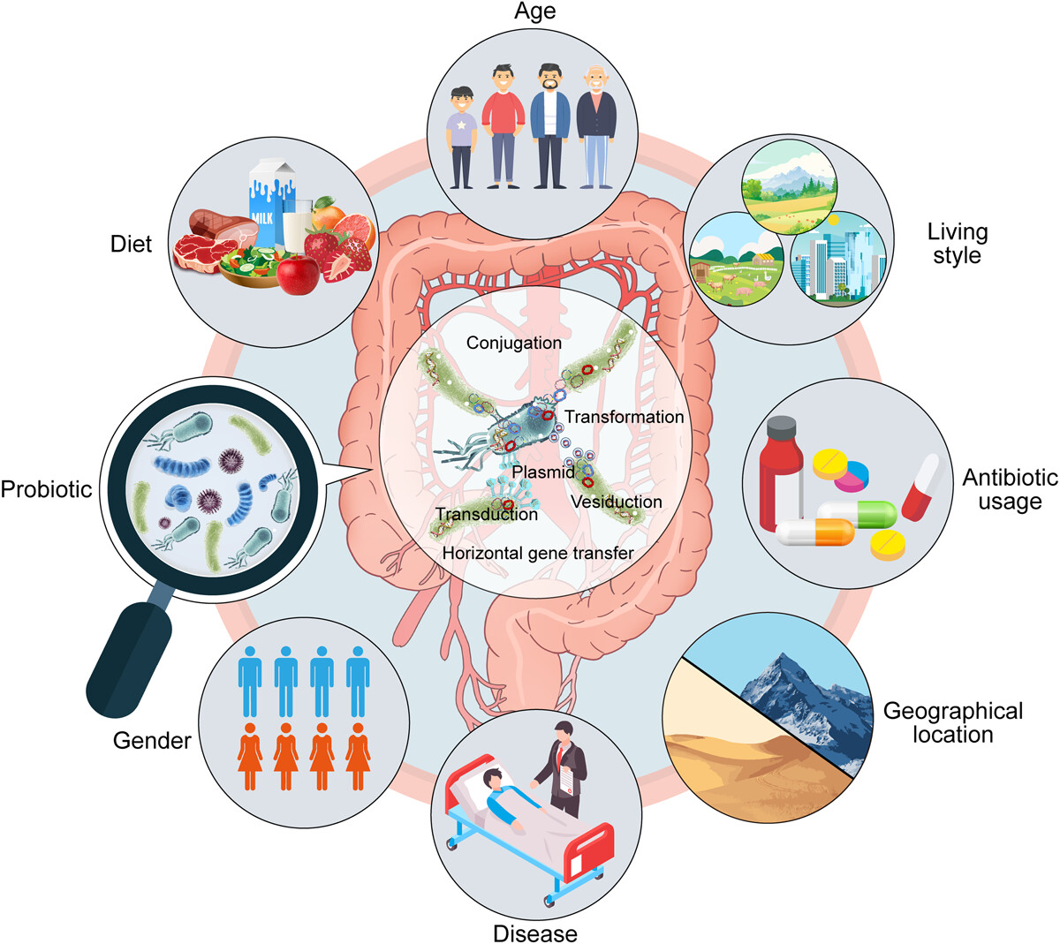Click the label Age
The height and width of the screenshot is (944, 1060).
[x=535, y=12]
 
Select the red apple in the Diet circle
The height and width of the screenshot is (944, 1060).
[x=298, y=275]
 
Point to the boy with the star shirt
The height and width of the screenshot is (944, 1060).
[x=462, y=137]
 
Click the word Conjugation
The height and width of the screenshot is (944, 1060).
[x=514, y=343]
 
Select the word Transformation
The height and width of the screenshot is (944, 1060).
[x=624, y=417]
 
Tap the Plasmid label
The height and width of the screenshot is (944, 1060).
[x=542, y=472]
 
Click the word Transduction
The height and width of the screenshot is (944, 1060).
[x=486, y=514]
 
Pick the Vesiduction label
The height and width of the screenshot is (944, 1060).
[x=616, y=502]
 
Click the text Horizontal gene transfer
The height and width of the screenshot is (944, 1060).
[x=538, y=554]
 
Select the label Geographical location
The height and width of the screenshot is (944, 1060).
[x=952, y=722]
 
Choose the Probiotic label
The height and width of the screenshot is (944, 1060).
[x=46, y=489]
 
